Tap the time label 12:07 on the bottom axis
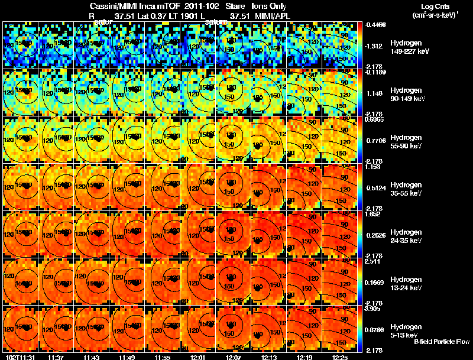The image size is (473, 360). [233, 356]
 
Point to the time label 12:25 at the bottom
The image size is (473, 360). [340, 356]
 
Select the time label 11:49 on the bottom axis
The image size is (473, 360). [127, 356]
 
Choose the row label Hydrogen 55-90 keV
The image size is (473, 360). [407, 141]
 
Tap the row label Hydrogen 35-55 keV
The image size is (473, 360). [407, 189]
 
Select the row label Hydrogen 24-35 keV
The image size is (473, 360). [407, 236]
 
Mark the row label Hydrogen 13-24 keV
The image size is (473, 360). [407, 283]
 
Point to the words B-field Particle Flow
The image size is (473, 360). [442, 342]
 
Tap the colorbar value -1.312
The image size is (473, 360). [375, 46]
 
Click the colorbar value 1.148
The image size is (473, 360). [375, 93]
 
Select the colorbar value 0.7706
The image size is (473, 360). [375, 140]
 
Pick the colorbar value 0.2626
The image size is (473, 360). [375, 235]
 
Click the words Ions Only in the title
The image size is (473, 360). [270, 7]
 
